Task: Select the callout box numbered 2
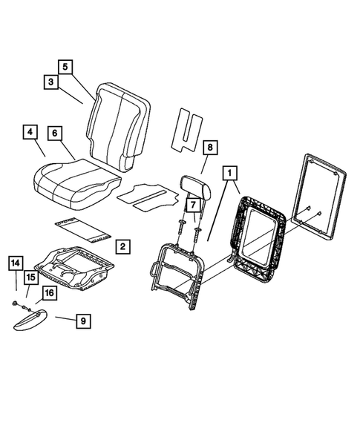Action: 122,246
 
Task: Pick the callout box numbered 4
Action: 30,133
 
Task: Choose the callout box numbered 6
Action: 54,133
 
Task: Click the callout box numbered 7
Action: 192,204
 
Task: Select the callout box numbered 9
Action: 83,321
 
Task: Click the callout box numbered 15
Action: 31,277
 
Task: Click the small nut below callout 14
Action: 16,305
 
